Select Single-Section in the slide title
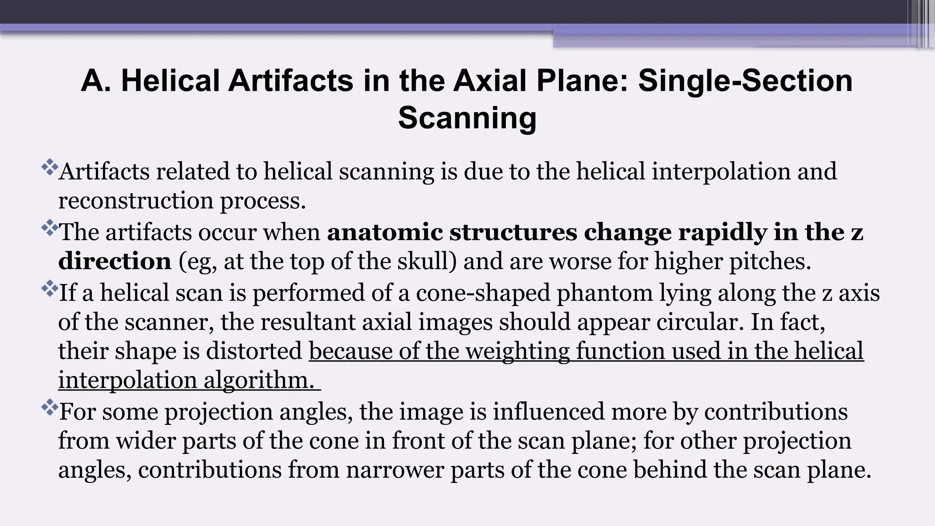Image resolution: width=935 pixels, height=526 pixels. pos(745,81)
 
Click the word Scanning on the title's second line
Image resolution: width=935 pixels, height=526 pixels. pos(467,118)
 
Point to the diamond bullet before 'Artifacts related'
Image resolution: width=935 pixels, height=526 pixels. pos(49,167)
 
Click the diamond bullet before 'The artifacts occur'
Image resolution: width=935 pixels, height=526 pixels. pos(49,228)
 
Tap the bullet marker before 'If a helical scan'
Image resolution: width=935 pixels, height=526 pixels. pos(49,289)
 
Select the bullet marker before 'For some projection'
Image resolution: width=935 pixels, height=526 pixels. pos(49,407)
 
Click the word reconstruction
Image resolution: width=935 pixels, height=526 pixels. pos(136,201)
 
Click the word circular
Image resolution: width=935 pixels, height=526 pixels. pos(696,322)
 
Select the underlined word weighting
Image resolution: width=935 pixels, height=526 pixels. pos(518,352)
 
